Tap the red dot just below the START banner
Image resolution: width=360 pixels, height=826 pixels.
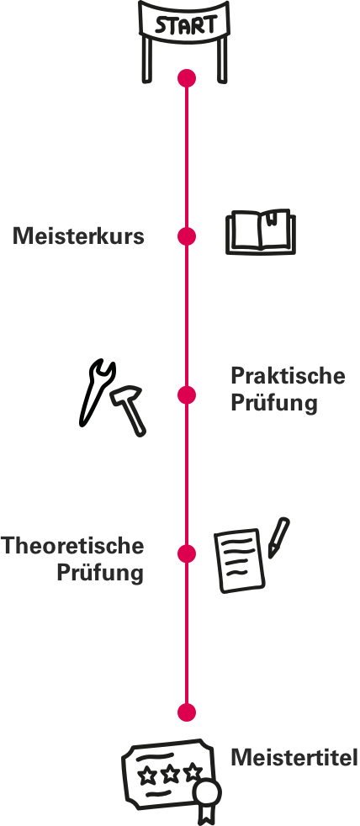187,78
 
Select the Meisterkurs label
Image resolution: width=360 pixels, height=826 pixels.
78,236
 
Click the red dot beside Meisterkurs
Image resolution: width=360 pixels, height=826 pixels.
187,236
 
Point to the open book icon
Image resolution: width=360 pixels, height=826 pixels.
261,232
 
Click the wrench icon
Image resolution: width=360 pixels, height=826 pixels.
96,393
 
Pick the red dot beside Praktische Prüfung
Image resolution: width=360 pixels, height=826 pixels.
187,395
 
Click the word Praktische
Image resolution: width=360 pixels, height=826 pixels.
288,376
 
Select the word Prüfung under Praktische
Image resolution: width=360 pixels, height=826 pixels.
274,404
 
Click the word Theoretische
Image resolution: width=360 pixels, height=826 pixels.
72,545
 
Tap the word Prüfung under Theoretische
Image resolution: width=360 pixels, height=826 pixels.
100,572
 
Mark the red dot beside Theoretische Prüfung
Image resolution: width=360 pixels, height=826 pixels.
187,553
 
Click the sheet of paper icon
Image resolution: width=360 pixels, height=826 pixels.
239,560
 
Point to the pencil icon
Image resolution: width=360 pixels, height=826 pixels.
278,537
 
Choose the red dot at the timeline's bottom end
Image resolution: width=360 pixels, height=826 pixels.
187,712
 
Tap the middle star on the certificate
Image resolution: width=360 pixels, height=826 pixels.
171,773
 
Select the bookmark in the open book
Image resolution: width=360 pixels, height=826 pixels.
272,217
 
